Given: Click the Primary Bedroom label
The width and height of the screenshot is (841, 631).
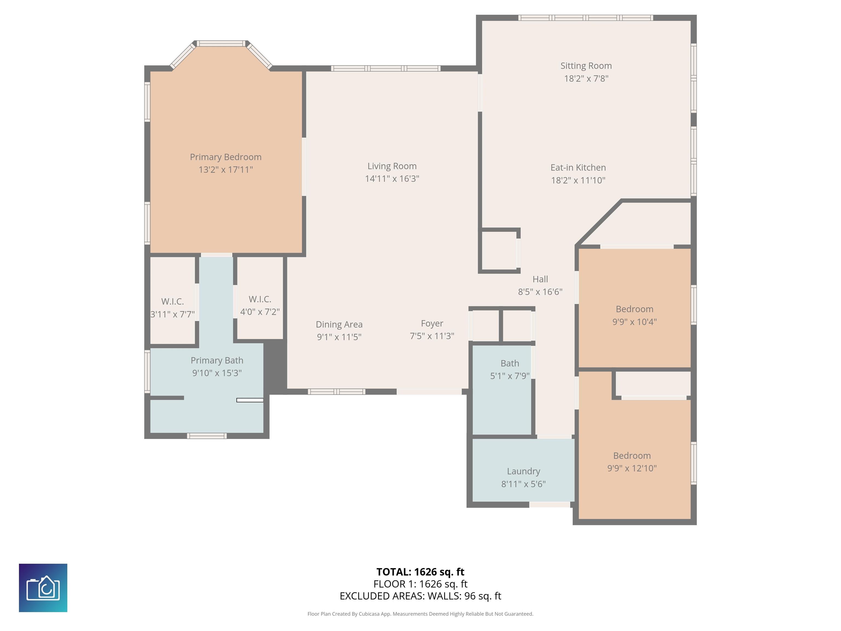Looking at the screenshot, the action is pyautogui.click(x=226, y=157).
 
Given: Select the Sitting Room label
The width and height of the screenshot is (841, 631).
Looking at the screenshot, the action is pyautogui.click(x=586, y=66).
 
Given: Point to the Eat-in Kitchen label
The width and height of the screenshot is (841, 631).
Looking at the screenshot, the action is pyautogui.click(x=578, y=168).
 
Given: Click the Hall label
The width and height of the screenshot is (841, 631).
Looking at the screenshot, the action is pyautogui.click(x=540, y=279).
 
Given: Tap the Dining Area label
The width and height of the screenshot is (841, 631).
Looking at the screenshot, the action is pyautogui.click(x=339, y=325).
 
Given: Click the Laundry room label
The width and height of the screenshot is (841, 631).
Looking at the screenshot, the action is pyautogui.click(x=523, y=471).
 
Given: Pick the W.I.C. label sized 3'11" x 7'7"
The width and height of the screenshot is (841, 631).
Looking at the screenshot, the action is pyautogui.click(x=173, y=302).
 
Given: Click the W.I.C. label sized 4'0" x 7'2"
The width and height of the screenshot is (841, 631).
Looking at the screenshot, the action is pyautogui.click(x=260, y=299).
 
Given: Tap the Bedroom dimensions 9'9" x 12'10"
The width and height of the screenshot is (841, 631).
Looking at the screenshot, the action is pyautogui.click(x=632, y=468).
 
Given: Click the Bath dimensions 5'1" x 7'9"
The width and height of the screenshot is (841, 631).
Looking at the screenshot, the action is pyautogui.click(x=509, y=376).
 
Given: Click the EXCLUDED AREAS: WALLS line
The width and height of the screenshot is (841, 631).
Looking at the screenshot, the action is pyautogui.click(x=420, y=596).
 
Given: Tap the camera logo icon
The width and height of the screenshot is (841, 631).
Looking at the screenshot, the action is pyautogui.click(x=43, y=588).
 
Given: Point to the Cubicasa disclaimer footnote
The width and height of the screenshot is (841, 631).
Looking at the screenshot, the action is pyautogui.click(x=420, y=614).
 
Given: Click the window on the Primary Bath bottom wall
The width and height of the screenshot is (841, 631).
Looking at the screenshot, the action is pyautogui.click(x=207, y=436).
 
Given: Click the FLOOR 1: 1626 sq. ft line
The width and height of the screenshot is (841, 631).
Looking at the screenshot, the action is pyautogui.click(x=420, y=584).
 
